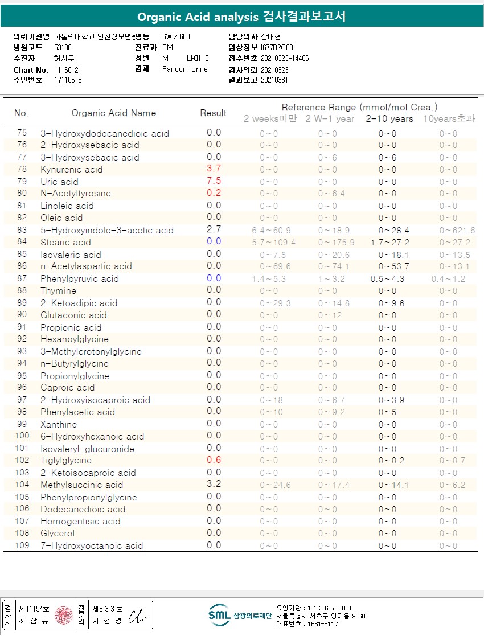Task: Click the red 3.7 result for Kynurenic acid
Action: [x=214, y=169]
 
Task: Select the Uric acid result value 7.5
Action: [x=214, y=181]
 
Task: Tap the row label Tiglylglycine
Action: [x=66, y=461]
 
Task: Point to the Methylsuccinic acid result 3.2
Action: [x=214, y=485]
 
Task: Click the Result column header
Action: [x=214, y=113]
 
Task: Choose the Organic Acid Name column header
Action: [x=114, y=113]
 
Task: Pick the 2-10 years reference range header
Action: [x=389, y=119]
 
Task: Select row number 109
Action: [x=22, y=545]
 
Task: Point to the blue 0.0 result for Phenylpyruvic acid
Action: [x=214, y=278]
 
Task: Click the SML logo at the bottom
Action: [x=219, y=614]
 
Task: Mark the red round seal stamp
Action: [x=64, y=615]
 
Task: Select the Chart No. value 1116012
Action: [x=67, y=69]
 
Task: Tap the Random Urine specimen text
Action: [x=185, y=69]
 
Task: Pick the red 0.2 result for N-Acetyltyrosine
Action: [x=214, y=193]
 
